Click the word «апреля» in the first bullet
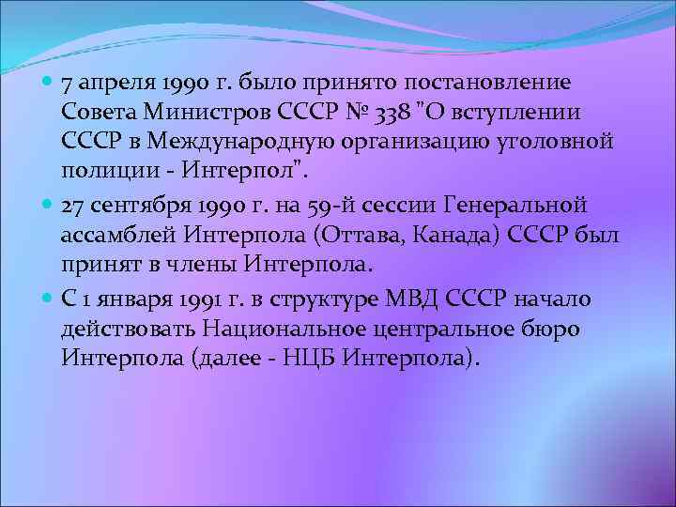[x=115, y=85]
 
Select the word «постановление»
[x=498, y=84]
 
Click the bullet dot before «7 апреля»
[x=48, y=84]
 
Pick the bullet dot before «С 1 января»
[x=48, y=300]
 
